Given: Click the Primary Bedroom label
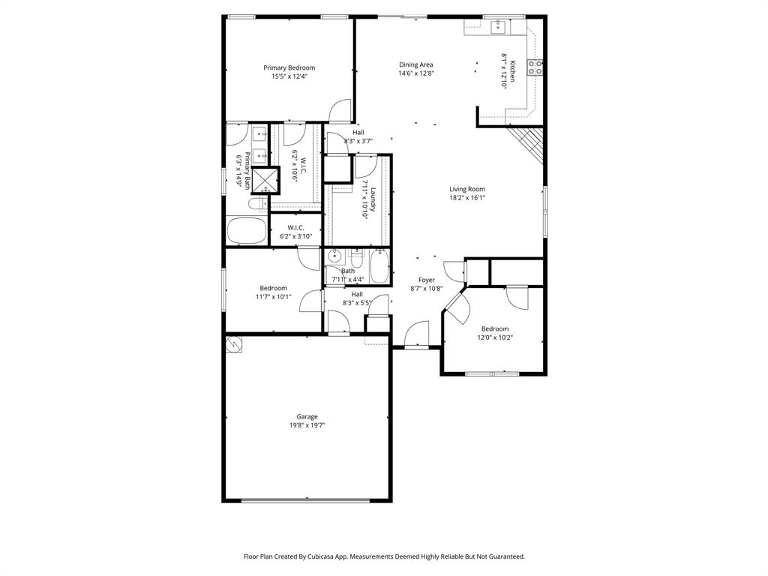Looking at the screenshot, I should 289,67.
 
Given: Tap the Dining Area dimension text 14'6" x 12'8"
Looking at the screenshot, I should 415,73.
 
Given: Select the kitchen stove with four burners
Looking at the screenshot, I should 535,67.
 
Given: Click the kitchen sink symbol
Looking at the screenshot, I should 497,28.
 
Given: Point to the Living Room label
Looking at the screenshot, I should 467,189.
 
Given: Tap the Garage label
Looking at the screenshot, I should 307,416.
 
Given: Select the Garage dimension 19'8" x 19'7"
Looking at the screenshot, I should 307,425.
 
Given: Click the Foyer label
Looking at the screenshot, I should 427,280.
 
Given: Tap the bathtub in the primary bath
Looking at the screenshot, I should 246,230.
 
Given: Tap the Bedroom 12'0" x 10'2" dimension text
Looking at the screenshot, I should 494,337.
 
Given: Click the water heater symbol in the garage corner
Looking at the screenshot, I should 234,343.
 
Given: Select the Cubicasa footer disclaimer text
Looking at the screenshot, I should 384,556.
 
